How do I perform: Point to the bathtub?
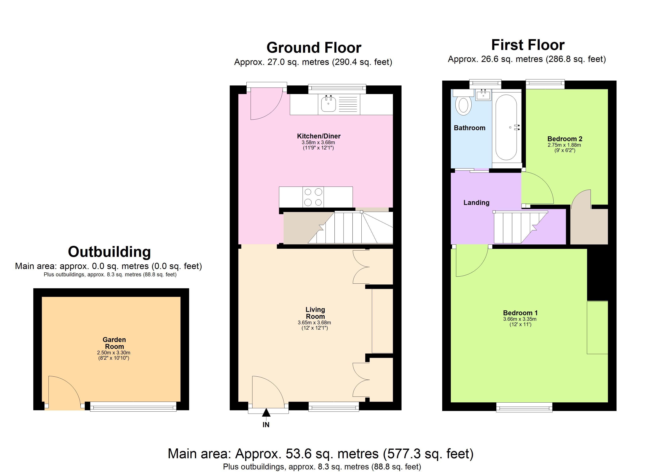[x=506, y=128]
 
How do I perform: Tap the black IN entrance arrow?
[x=266, y=413]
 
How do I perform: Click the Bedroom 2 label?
[x=565, y=139]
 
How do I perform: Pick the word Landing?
[x=476, y=203]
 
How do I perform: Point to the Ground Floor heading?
[x=314, y=48]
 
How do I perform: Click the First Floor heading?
[x=528, y=45]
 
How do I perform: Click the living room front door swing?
[x=266, y=392]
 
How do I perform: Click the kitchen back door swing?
[x=265, y=104]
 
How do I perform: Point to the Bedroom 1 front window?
[x=524, y=407]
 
